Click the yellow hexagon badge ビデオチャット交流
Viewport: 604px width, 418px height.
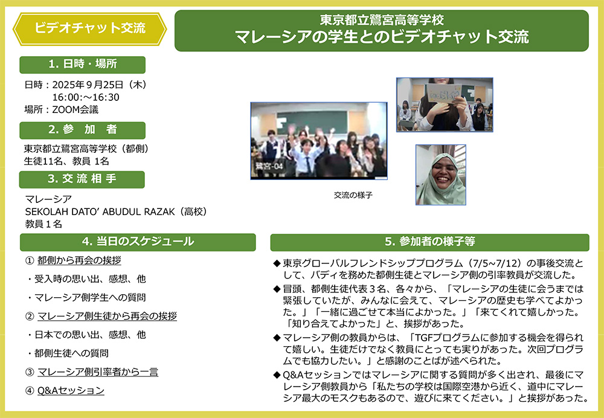(90, 28)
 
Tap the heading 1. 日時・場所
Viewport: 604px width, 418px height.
(82, 65)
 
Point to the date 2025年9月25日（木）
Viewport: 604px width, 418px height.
(100, 85)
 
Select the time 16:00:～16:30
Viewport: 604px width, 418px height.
(86, 97)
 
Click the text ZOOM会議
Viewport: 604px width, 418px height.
(75, 110)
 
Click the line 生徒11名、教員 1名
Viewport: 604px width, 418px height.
(66, 161)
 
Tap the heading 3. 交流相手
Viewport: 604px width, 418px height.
(82, 179)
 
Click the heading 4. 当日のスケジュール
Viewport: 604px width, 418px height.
(138, 242)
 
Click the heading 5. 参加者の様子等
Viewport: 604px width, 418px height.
(429, 242)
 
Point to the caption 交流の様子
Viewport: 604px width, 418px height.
(353, 195)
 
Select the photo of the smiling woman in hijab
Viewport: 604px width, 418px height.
(440, 175)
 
